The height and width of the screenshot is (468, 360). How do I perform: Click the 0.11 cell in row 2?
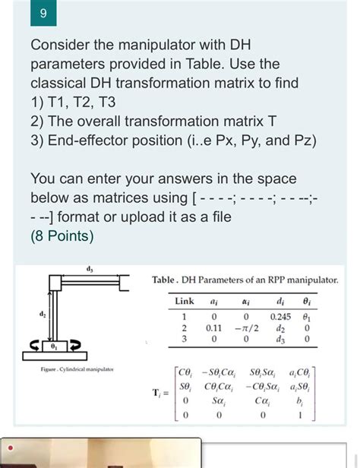pyautogui.click(x=213, y=328)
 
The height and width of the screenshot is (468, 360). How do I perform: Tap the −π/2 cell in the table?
pyautogui.click(x=247, y=328)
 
